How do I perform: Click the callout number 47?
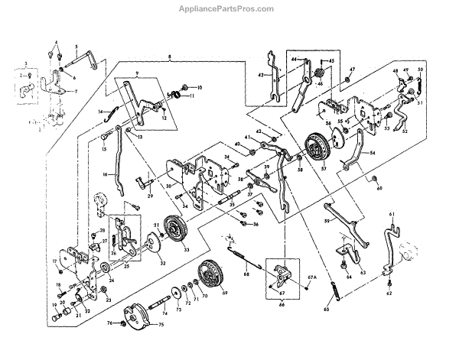(351, 70)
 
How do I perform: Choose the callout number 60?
(379, 188)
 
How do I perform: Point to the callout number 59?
(327, 221)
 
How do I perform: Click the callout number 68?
(246, 274)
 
